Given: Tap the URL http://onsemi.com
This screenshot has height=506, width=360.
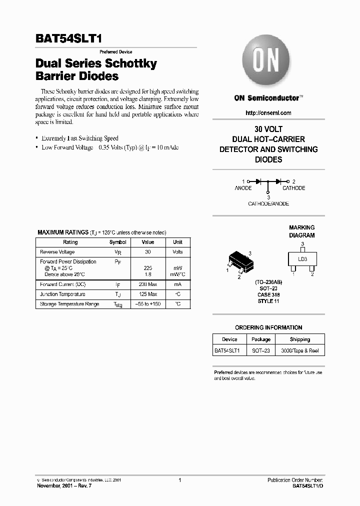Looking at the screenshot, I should pos(268,113).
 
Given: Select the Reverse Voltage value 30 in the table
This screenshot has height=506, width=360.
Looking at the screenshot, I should pos(147,252).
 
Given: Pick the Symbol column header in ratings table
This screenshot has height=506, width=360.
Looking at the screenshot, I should pos(118,242).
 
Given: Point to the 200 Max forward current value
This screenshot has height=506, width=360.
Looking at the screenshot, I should pos(147,284).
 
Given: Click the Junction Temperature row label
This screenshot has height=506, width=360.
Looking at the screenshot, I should pos(62,294).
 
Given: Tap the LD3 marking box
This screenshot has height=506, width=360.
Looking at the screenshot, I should pos(302,259).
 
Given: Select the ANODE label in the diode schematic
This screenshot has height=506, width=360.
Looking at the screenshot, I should pos(243,188).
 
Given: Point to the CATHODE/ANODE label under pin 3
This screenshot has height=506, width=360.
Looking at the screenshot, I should pos(268,203).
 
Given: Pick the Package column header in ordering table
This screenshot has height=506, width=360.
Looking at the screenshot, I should pos(261,339).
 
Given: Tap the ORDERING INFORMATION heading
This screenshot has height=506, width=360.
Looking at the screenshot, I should pos(268,327).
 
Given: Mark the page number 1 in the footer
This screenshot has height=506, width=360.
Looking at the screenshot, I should pos(179,480).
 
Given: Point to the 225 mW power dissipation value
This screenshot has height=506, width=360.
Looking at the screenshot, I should pos(147,268).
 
